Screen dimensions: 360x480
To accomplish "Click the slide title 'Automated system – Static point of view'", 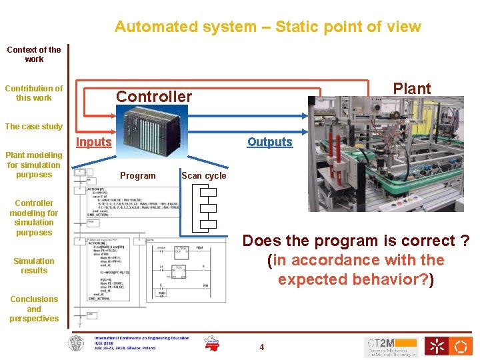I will click(x=267, y=27).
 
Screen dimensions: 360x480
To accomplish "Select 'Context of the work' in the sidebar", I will click(x=33, y=54).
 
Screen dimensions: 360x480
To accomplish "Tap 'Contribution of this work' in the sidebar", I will click(x=33, y=93).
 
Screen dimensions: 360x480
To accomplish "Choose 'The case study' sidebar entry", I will click(x=33, y=126).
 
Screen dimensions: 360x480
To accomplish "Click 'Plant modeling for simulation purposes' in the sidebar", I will click(x=33, y=165).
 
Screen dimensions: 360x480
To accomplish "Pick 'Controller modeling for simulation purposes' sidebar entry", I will click(x=33, y=217).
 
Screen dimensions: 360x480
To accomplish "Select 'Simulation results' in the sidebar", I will click(x=33, y=265).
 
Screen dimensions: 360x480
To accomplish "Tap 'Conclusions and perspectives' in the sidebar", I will click(x=33, y=309).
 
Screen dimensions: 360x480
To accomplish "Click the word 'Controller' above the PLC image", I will click(x=154, y=96).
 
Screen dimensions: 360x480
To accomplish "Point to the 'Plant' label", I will click(x=411, y=88).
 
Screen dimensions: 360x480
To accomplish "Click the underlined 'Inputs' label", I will click(x=93, y=141).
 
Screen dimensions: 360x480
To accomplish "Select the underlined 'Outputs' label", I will click(x=269, y=141).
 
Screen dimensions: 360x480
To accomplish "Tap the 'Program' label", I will click(x=137, y=176).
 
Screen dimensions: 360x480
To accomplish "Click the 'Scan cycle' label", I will click(x=204, y=176).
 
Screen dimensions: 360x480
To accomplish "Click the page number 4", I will click(x=262, y=347).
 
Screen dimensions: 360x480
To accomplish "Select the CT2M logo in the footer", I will click(x=391, y=347).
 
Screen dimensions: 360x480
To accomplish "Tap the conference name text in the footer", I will click(x=141, y=338).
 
